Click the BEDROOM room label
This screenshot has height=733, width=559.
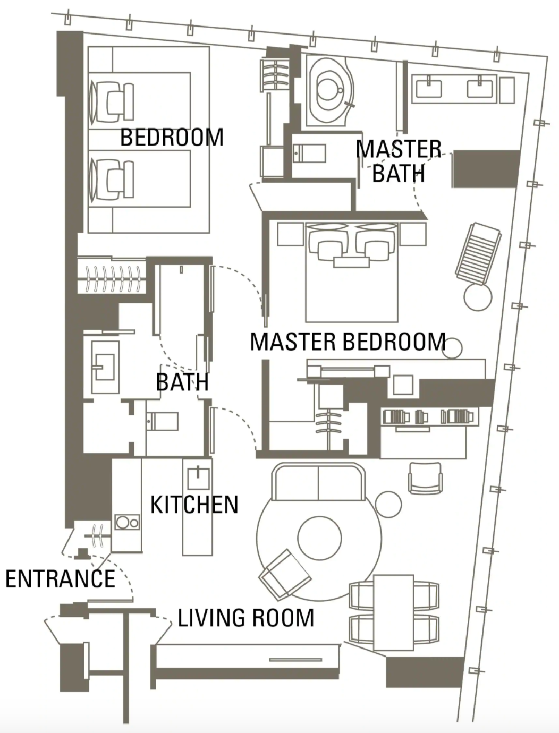click(172, 137)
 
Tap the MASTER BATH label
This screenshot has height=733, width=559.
click(399, 161)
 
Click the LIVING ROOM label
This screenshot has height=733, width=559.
click(246, 618)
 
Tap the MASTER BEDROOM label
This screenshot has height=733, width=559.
click(348, 342)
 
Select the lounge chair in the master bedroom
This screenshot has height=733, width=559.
click(478, 254)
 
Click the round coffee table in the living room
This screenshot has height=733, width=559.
click(319, 538)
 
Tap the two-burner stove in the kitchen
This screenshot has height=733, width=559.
click(127, 522)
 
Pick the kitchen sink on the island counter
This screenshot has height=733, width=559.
click(199, 479)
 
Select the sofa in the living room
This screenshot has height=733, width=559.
click(318, 482)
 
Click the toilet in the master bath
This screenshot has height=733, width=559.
click(309, 154)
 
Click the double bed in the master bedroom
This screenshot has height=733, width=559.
click(352, 272)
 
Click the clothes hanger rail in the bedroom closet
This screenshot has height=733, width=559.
click(112, 278)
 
